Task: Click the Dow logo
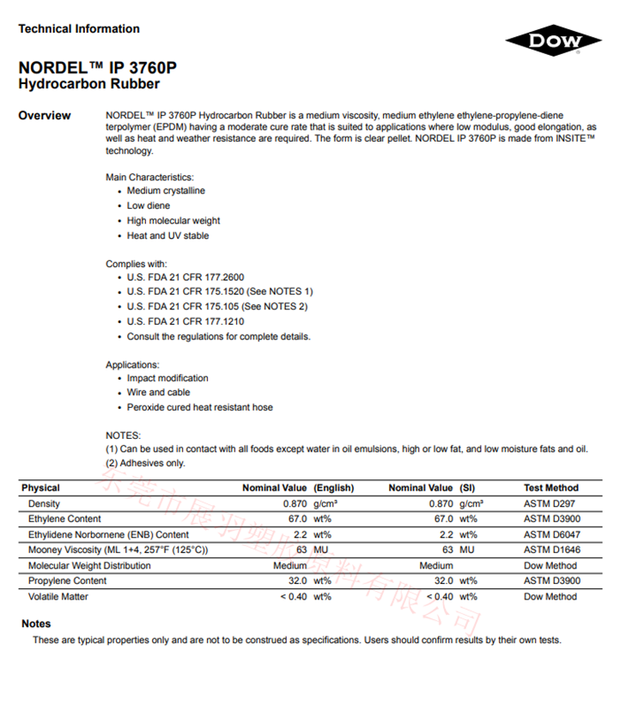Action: pyautogui.click(x=554, y=40)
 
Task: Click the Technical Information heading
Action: pyautogui.click(x=79, y=29)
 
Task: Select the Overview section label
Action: pyautogui.click(x=45, y=116)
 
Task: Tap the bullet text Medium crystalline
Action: pyautogui.click(x=166, y=191)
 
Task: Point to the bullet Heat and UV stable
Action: pyautogui.click(x=167, y=235)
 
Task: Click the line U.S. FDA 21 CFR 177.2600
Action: pyautogui.click(x=185, y=277)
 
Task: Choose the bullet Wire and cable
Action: pyautogui.click(x=158, y=393)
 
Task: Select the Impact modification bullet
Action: pyautogui.click(x=167, y=378)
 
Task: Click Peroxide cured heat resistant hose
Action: pyautogui.click(x=199, y=407)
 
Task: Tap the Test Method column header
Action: pyautogui.click(x=551, y=488)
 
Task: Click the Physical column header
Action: pyautogui.click(x=41, y=488)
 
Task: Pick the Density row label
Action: pyautogui.click(x=44, y=503)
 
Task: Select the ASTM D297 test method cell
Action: pyautogui.click(x=550, y=503)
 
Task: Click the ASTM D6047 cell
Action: pyautogui.click(x=553, y=534)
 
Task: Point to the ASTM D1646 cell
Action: pyautogui.click(x=553, y=550)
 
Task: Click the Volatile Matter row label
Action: pyautogui.click(x=58, y=596)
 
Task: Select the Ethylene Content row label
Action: pyautogui.click(x=64, y=519)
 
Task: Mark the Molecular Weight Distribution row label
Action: pyautogui.click(x=89, y=565)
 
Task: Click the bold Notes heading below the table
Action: pyautogui.click(x=36, y=624)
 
